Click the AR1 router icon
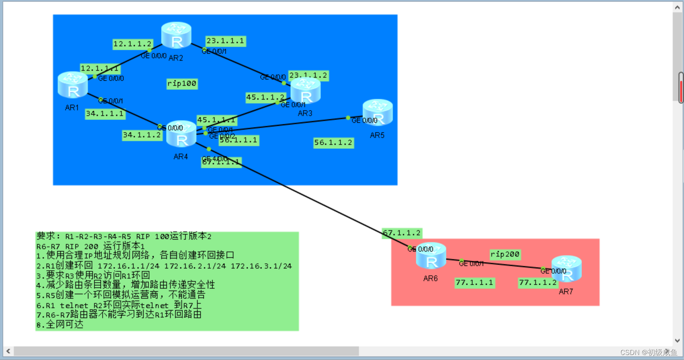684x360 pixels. click(x=73, y=85)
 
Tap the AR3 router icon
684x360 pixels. click(x=305, y=91)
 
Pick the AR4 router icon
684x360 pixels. click(x=181, y=134)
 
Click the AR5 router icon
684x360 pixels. click(x=377, y=113)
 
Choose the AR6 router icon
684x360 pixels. click(x=431, y=256)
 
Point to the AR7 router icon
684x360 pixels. click(x=566, y=269)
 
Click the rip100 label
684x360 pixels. click(x=182, y=84)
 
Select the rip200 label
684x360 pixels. click(x=505, y=254)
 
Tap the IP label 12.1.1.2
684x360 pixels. click(x=132, y=44)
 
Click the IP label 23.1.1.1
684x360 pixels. click(x=225, y=41)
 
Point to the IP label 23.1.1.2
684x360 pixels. click(x=308, y=76)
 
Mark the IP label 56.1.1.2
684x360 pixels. click(x=333, y=143)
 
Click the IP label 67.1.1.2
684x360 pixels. click(x=402, y=233)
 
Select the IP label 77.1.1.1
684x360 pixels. click(x=474, y=283)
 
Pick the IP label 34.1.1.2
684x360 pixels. click(x=142, y=135)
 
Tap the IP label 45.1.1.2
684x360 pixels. click(x=265, y=98)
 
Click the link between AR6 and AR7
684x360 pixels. click(x=502, y=264)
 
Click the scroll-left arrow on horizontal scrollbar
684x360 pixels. click(x=8, y=351)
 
